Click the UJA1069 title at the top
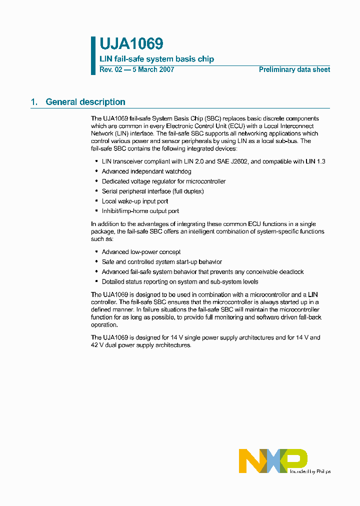tap(131, 44)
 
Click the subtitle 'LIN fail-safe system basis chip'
tap(156, 59)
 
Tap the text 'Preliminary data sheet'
tap(294, 70)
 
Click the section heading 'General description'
tap(85, 102)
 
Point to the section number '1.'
tap(34, 102)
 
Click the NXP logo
tap(272, 460)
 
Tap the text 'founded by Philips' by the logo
tap(309, 471)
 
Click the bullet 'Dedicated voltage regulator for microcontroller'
tap(163, 181)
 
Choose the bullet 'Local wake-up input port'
tap(135, 201)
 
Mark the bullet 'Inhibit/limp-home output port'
tap(140, 211)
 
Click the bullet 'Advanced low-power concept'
tap(141, 252)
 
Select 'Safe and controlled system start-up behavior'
tap(161, 262)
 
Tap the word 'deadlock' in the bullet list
tap(291, 272)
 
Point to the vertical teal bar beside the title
tap(93, 55)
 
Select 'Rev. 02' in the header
tap(110, 70)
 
